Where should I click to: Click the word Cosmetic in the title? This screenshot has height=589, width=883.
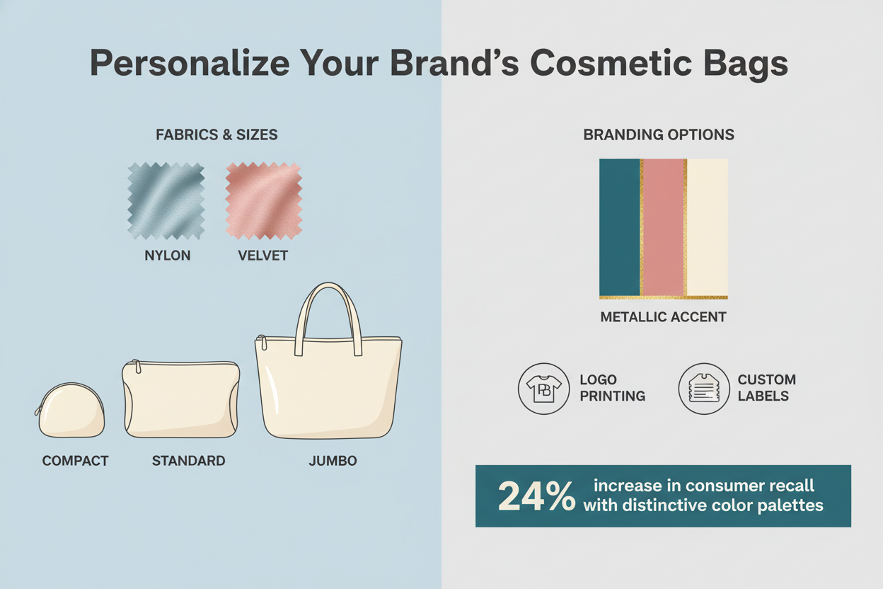[611, 63]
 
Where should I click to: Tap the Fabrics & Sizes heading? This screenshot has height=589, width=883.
[217, 135]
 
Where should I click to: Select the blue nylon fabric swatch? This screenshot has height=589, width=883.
[166, 201]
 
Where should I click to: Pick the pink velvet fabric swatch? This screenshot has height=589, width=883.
[264, 201]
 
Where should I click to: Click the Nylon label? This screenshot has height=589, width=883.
[168, 256]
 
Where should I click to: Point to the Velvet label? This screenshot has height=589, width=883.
[263, 256]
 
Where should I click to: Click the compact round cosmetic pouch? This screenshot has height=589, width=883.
[70, 411]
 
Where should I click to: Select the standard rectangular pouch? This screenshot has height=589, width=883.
[181, 399]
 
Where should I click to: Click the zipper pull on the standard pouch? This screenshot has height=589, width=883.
[137, 366]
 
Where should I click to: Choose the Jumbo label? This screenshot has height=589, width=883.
[333, 461]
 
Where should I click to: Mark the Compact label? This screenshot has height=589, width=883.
[75, 461]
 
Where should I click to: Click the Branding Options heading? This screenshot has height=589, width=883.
[659, 135]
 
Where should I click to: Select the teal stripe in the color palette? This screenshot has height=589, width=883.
[619, 227]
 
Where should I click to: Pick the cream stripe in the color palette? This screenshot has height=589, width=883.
[708, 227]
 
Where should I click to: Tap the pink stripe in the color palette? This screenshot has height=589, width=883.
[664, 227]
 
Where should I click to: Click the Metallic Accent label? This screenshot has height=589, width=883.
[664, 317]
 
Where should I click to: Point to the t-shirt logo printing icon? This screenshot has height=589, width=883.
[544, 389]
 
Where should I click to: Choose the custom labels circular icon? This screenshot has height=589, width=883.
[704, 389]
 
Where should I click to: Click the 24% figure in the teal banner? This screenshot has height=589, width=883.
[536, 496]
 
